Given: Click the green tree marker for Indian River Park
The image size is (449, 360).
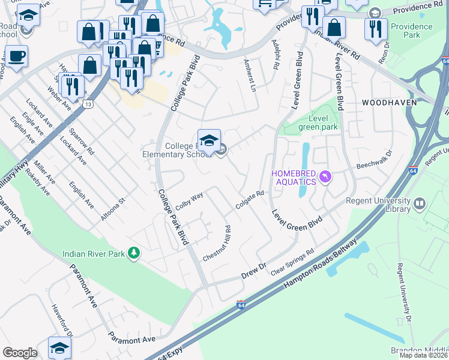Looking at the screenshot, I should tap(136, 254).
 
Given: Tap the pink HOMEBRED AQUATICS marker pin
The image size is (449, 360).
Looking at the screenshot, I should tap(326, 176).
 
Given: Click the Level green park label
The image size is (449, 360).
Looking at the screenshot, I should tap(318, 122).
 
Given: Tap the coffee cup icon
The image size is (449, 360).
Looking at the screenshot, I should tap(16, 57).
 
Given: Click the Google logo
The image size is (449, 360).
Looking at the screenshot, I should tap(20, 353).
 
